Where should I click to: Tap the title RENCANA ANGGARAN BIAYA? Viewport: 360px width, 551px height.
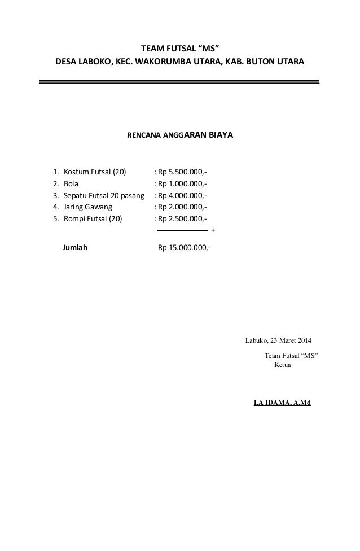tap(180, 136)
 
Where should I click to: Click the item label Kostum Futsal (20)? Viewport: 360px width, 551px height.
tap(95, 172)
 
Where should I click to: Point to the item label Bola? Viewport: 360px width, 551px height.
tap(71, 183)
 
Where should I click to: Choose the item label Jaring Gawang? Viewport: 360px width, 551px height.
tap(88, 207)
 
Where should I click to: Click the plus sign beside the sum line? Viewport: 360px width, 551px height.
tap(212, 231)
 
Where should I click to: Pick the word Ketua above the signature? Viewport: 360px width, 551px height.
tap(282, 365)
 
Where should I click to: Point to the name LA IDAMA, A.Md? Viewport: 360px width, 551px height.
tap(286, 404)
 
